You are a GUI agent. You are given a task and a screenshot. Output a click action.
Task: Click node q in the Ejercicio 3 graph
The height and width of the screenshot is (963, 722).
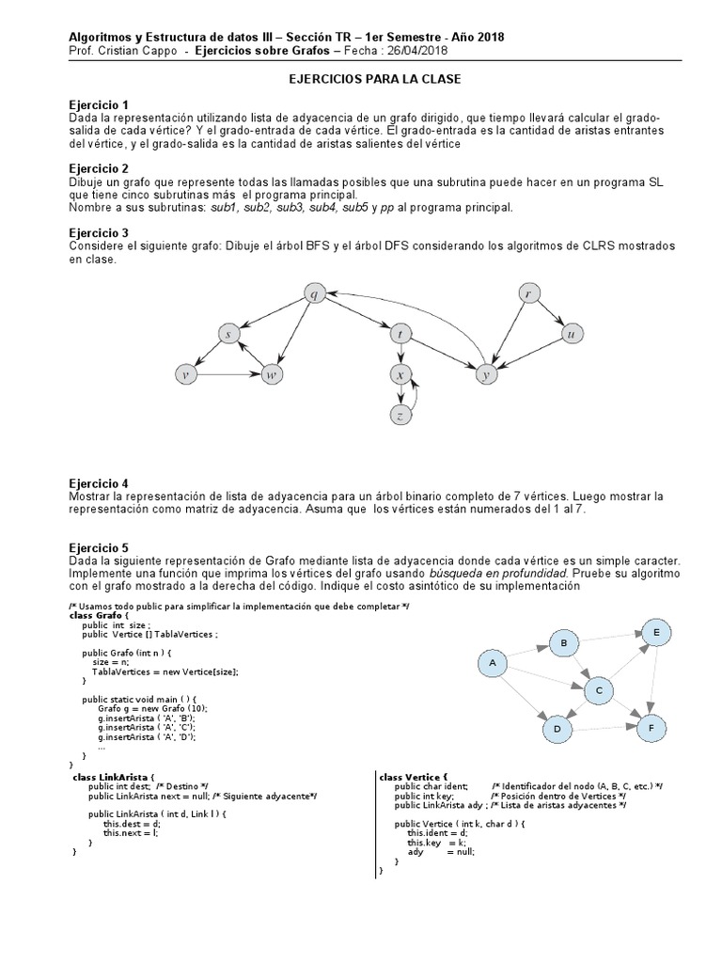click(314, 294)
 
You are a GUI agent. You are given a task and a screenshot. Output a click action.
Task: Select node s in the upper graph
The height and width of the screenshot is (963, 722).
click(228, 334)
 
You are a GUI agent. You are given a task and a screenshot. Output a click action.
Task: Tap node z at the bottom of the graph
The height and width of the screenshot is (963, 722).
click(400, 415)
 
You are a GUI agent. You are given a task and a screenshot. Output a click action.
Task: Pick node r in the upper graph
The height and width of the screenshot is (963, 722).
click(529, 294)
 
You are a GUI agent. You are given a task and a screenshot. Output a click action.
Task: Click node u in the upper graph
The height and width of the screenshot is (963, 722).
click(569, 334)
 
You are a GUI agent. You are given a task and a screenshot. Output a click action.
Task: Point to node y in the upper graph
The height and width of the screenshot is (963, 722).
click(486, 374)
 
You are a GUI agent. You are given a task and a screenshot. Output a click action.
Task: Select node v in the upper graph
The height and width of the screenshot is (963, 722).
click(187, 375)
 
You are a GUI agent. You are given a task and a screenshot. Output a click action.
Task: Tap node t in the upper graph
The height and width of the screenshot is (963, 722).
click(401, 334)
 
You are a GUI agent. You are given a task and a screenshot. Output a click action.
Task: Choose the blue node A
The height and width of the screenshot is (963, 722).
click(491, 664)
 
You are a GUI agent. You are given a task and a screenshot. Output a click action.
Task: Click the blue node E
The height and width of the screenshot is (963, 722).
click(656, 633)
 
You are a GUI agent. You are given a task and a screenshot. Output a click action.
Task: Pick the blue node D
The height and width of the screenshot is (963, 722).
click(557, 729)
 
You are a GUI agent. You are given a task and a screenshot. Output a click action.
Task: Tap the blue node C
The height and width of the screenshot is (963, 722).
click(598, 691)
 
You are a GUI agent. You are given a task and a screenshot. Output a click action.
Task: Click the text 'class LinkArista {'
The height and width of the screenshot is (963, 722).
click(111, 777)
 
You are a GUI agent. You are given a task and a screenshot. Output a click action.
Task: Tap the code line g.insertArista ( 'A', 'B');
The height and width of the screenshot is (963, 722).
click(143, 718)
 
